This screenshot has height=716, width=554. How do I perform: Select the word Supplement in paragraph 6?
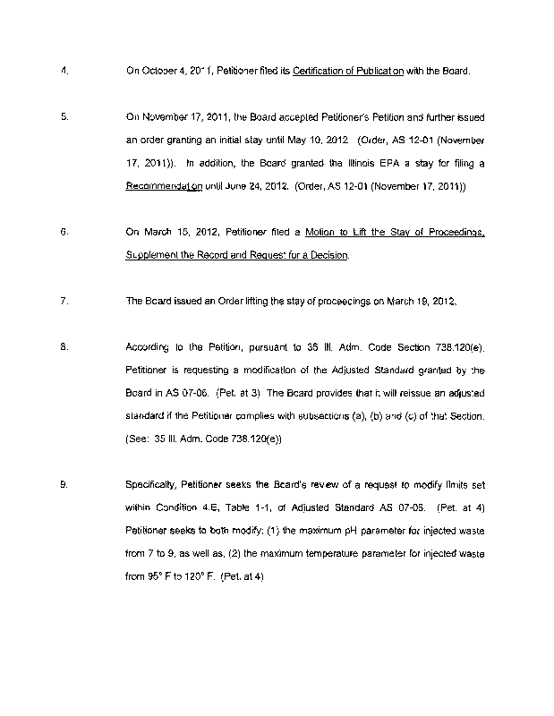pyautogui.click(x=153, y=255)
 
